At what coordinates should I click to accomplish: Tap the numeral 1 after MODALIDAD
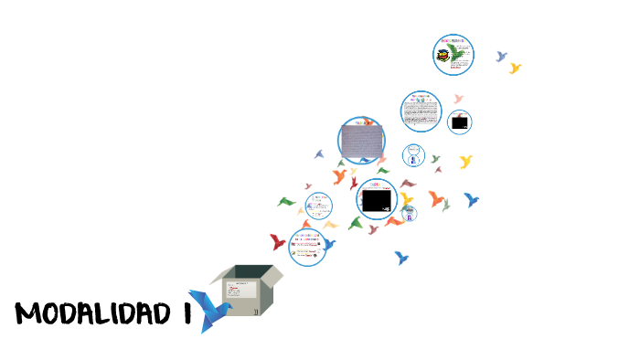tap(186, 313)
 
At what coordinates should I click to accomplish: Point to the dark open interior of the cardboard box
tap(252, 271)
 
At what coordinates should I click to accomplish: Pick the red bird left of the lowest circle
tap(278, 241)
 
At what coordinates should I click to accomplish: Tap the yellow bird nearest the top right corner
tap(515, 68)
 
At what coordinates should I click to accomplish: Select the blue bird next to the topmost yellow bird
tap(501, 56)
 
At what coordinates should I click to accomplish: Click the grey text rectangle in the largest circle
tap(362, 140)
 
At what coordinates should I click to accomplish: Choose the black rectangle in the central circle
tap(375, 200)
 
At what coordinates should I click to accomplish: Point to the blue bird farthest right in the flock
tap(472, 199)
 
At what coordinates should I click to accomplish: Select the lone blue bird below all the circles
tap(400, 258)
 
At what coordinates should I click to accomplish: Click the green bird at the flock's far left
tap(287, 202)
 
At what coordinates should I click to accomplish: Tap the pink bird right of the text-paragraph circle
tap(458, 99)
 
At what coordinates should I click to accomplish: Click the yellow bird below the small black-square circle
tap(465, 161)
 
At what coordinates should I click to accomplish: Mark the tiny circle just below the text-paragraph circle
tap(414, 154)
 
